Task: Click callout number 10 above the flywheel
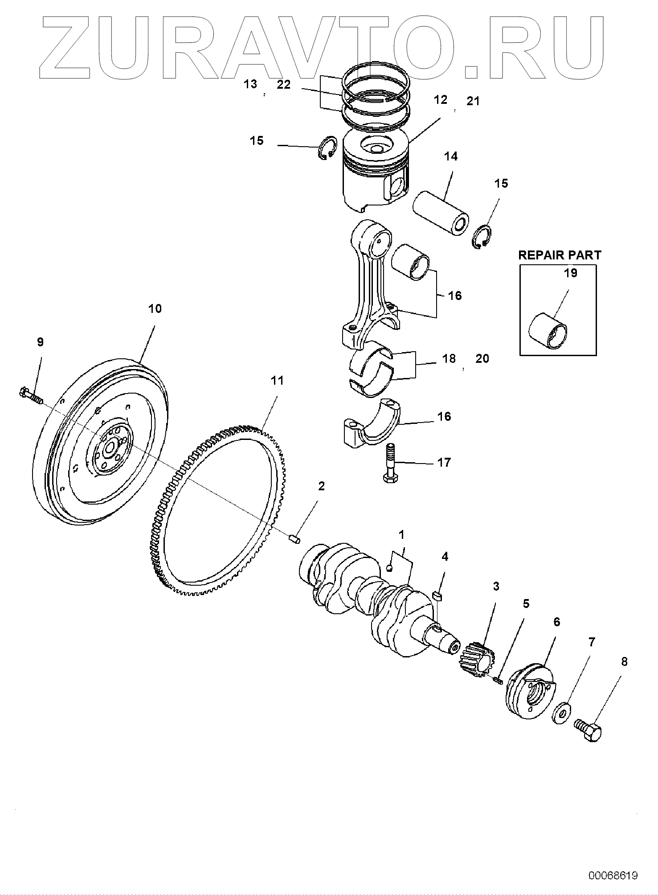point(155,308)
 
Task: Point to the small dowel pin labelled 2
point(294,539)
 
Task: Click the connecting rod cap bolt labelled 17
point(392,464)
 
